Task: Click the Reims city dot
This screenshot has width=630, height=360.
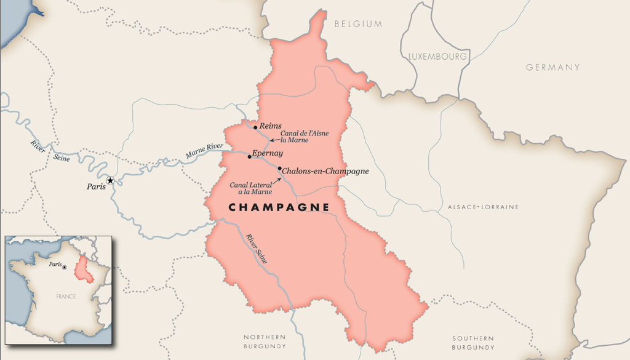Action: pos(255,127)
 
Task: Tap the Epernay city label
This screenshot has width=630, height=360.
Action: pos(268,153)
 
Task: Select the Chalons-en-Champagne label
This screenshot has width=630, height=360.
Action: pos(325,171)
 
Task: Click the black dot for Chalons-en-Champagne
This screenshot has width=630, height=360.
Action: pos(280,169)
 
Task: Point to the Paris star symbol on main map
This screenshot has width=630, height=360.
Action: pos(110,180)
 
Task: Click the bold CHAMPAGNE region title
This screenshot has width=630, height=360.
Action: pos(279,207)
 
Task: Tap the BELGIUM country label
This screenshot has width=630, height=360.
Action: pos(358,24)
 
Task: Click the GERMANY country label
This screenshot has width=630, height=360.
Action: pos(552,67)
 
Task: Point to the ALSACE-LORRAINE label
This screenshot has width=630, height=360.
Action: pos(483,207)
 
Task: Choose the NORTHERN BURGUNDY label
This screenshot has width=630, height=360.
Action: pos(265,342)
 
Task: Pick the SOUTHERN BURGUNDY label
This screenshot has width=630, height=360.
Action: pos(473,343)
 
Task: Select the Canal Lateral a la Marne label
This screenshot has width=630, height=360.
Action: pos(250,188)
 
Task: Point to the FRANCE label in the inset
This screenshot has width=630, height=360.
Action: pos(66,297)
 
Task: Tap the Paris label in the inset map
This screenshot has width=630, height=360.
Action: pos(55,265)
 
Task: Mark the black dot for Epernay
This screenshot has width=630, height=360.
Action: pos(249,156)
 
